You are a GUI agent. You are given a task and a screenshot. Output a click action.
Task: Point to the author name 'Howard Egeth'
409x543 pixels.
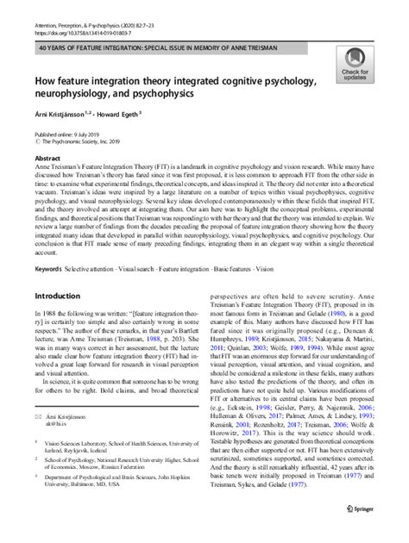point(129,116)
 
